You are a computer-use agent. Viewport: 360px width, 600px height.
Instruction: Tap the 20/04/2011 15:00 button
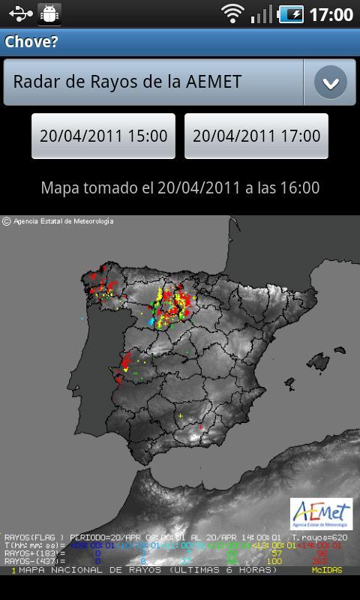pos(103,136)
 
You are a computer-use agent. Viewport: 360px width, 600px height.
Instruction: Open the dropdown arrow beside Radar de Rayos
pos(330,82)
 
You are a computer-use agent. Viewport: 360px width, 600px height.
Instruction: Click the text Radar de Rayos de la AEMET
pos(127,82)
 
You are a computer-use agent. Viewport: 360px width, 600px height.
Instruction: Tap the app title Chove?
pos(31,41)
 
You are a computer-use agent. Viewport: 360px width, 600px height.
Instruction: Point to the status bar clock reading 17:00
pos(331,14)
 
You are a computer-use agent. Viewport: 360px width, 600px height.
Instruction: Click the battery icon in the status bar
pos(290,14)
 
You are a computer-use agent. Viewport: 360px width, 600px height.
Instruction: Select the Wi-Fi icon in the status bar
pos(233,13)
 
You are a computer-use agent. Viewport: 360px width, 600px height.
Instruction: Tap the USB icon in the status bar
pos(21,13)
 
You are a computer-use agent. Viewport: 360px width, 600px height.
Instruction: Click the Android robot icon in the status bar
pos(49,13)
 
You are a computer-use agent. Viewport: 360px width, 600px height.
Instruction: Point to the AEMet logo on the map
pos(321,513)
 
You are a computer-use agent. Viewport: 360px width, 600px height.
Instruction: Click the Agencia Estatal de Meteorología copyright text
pos(58,221)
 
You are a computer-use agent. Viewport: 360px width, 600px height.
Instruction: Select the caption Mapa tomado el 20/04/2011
pos(180,187)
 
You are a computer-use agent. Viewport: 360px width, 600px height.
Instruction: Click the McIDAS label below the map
pos(327,571)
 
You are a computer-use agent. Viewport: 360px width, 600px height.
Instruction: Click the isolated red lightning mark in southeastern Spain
pos(200,427)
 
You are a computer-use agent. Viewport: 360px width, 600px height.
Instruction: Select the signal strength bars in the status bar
pos(261,13)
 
